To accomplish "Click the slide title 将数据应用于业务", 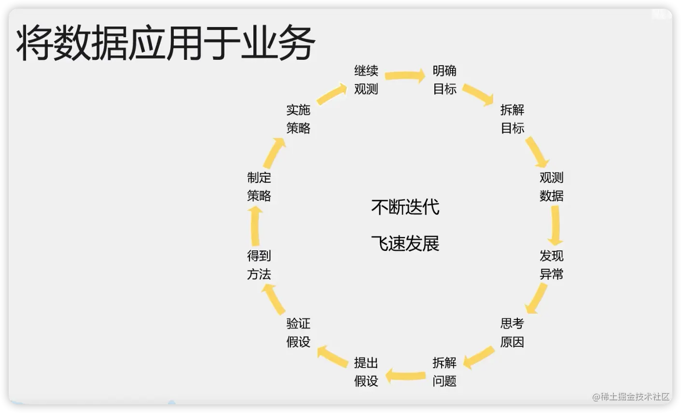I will tap(165, 43).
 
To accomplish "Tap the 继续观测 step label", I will tap(366, 80).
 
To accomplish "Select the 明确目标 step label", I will tap(445, 80).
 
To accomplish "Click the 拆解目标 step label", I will tap(512, 119).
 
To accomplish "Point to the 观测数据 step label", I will tap(551, 187).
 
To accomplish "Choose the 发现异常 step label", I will tap(551, 265).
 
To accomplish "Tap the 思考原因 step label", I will tap(512, 332).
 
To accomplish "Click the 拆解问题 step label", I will tap(445, 372).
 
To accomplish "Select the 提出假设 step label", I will tap(366, 372).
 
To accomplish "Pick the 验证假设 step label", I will tap(298, 332).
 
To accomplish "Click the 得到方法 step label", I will tap(259, 265).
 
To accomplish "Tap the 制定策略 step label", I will tap(259, 187).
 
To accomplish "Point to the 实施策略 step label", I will tap(298, 119).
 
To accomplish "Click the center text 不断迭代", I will tap(405, 207).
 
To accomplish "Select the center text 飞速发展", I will tap(405, 244).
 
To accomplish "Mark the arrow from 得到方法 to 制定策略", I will tap(255, 226).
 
